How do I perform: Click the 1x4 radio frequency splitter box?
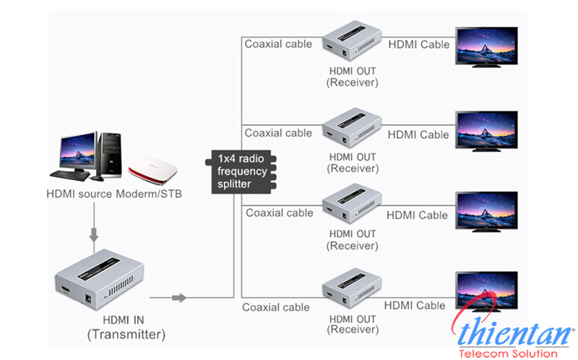tap(241, 172)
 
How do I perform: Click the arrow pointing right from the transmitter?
tap(177, 297)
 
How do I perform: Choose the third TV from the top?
tap(486, 210)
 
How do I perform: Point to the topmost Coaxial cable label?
tap(278, 44)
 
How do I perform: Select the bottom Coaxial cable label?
tap(275, 307)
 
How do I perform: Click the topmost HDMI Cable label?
tap(419, 45)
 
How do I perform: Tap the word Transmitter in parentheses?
tap(126, 335)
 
